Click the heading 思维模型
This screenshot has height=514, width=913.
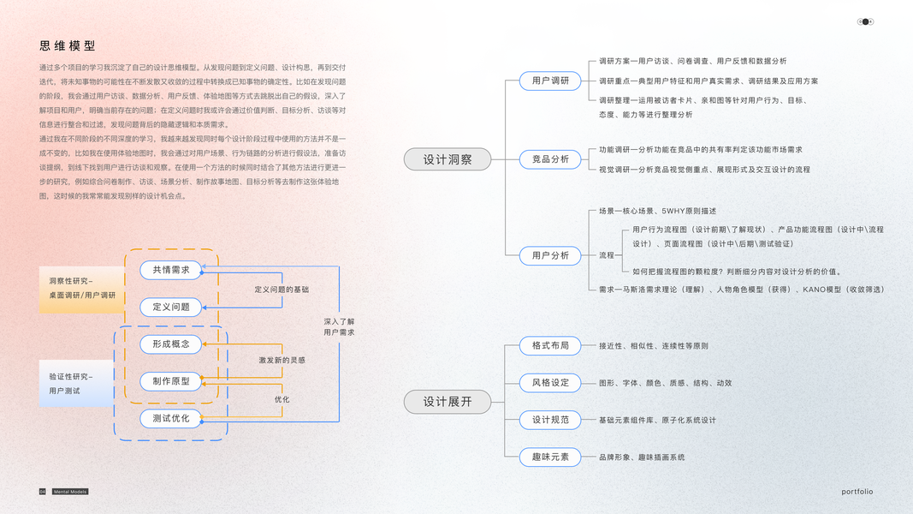[67, 46]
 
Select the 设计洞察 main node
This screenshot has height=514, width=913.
[448, 158]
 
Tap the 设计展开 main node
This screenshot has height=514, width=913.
[448, 401]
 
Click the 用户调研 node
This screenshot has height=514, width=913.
[550, 81]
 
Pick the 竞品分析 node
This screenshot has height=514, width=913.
[550, 158]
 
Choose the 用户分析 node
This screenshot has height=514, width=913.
[550, 255]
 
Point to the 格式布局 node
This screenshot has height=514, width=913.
[550, 345]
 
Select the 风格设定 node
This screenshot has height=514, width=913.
[550, 382]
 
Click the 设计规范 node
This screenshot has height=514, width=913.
[550, 420]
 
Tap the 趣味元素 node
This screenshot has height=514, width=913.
[550, 457]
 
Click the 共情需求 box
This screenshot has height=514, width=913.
[171, 270]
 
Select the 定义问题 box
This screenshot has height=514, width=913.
[171, 307]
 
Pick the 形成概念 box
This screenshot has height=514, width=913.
[171, 344]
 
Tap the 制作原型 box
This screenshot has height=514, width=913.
[171, 381]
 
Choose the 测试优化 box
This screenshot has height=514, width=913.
[171, 418]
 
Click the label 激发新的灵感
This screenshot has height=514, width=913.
[282, 360]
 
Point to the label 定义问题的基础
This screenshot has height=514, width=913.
[282, 290]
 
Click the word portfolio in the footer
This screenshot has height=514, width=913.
[857, 492]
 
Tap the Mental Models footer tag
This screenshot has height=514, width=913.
[70, 492]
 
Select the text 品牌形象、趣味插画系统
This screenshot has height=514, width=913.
[642, 457]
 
